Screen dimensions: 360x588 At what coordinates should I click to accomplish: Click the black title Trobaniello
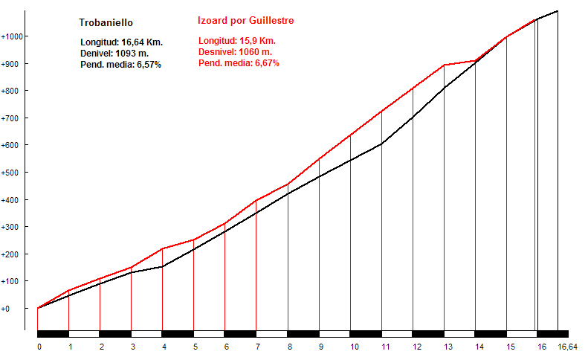click(106, 23)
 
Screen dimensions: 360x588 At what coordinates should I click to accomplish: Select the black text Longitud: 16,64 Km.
click(121, 42)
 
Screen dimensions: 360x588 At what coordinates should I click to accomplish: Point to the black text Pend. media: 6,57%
click(120, 65)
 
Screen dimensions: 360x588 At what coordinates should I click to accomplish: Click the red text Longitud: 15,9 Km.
click(236, 41)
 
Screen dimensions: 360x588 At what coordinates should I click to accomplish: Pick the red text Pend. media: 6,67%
click(239, 63)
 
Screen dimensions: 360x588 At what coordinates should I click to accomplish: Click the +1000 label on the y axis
click(14, 36)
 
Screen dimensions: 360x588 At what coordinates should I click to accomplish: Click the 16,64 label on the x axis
click(567, 347)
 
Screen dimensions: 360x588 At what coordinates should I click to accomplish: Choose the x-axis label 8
click(288, 347)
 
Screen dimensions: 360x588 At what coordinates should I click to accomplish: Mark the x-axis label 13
click(445, 347)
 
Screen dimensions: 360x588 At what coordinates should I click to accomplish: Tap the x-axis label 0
click(39, 347)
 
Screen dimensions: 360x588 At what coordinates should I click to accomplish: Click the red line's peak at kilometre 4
click(163, 248)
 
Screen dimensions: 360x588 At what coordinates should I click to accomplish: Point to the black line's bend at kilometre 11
click(381, 144)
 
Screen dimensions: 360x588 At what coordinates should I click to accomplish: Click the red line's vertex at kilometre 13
click(444, 65)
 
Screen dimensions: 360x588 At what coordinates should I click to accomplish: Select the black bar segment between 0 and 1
click(53, 334)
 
